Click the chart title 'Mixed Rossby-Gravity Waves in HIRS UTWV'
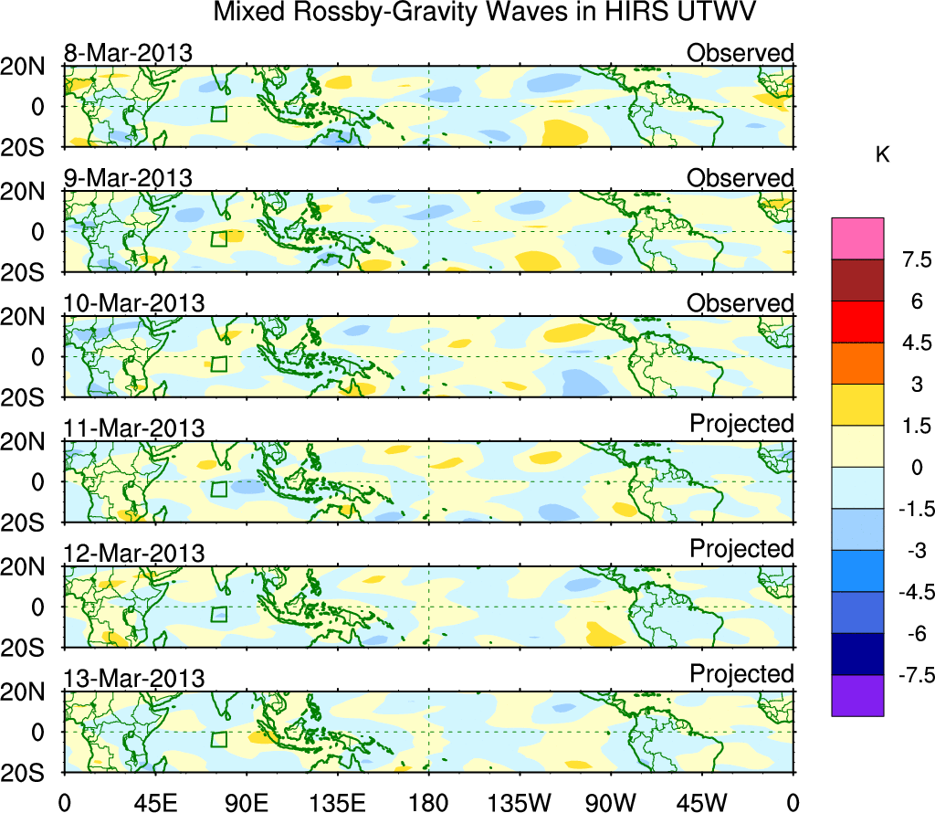pyautogui.click(x=485, y=14)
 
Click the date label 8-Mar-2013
pyautogui.click(x=128, y=53)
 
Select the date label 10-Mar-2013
pyautogui.click(x=133, y=303)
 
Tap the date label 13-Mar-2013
pyautogui.click(x=133, y=679)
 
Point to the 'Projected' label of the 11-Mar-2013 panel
pyautogui.click(x=741, y=424)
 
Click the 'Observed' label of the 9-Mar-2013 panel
pyautogui.click(x=740, y=177)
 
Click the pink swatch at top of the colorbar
pyautogui.click(x=857, y=238)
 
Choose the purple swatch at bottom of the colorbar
pyautogui.click(x=857, y=695)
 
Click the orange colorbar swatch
pyautogui.click(x=857, y=364)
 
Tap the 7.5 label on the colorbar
pyautogui.click(x=909, y=260)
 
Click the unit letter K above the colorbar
pyautogui.click(x=882, y=155)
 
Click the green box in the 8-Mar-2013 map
pyautogui.click(x=218, y=114)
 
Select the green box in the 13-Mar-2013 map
pyautogui.click(x=218, y=740)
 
